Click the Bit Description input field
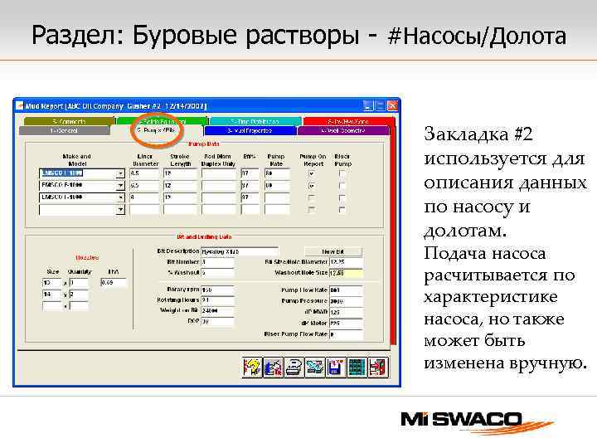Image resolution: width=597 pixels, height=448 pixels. (239, 251)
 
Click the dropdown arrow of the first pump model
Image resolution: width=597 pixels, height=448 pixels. (120, 174)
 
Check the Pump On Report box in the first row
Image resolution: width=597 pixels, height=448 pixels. (312, 174)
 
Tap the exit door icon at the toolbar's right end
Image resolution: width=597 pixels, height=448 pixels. (377, 367)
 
